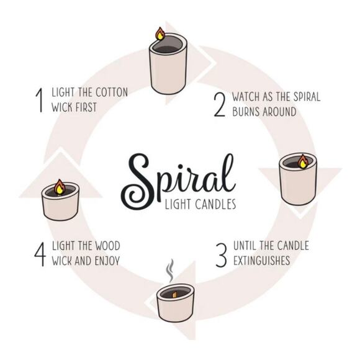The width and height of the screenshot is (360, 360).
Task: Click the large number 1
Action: tap(39, 101)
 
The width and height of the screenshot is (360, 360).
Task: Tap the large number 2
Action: tap(219, 104)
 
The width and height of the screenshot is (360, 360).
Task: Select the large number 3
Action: tap(221, 253)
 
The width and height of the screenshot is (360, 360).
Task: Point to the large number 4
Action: tap(40, 253)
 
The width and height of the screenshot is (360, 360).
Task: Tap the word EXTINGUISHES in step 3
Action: tap(261, 260)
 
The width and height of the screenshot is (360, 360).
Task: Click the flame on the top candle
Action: tap(160, 34)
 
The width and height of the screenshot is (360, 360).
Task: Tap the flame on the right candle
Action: tap(303, 161)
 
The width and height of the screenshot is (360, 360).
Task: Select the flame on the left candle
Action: tap(60, 186)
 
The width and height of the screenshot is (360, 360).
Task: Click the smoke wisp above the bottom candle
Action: tap(170, 271)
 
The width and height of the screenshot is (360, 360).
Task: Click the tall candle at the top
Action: tap(168, 65)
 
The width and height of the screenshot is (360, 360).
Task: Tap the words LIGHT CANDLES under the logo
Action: tap(199, 204)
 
